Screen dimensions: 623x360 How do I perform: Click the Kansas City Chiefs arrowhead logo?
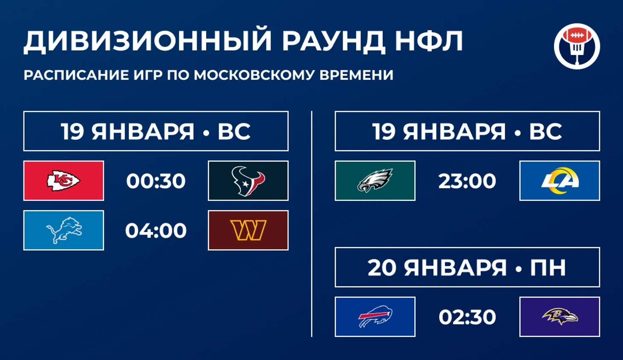[64, 181]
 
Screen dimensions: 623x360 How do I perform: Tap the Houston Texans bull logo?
[248, 181]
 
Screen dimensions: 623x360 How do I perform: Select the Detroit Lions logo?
[64, 230]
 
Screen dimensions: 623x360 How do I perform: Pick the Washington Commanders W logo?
[248, 230]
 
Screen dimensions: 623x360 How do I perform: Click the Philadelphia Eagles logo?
[375, 181]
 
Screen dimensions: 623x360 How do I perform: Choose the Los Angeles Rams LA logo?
[559, 181]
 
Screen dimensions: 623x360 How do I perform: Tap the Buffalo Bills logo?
[375, 316]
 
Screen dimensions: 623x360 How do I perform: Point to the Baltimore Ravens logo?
[559, 317]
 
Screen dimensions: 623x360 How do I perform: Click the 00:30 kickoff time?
[156, 181]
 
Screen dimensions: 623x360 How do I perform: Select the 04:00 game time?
[156, 230]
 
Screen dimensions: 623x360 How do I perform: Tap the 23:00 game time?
[467, 181]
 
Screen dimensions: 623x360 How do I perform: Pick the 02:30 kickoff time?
[467, 317]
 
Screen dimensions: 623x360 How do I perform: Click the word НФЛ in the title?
[429, 41]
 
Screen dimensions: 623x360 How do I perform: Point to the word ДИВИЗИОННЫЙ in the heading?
[147, 41]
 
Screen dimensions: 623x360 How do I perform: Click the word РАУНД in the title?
[333, 41]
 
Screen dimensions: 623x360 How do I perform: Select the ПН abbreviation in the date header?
[548, 267]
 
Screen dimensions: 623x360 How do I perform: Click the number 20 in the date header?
[382, 267]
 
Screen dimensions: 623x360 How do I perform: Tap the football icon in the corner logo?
[577, 35]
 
